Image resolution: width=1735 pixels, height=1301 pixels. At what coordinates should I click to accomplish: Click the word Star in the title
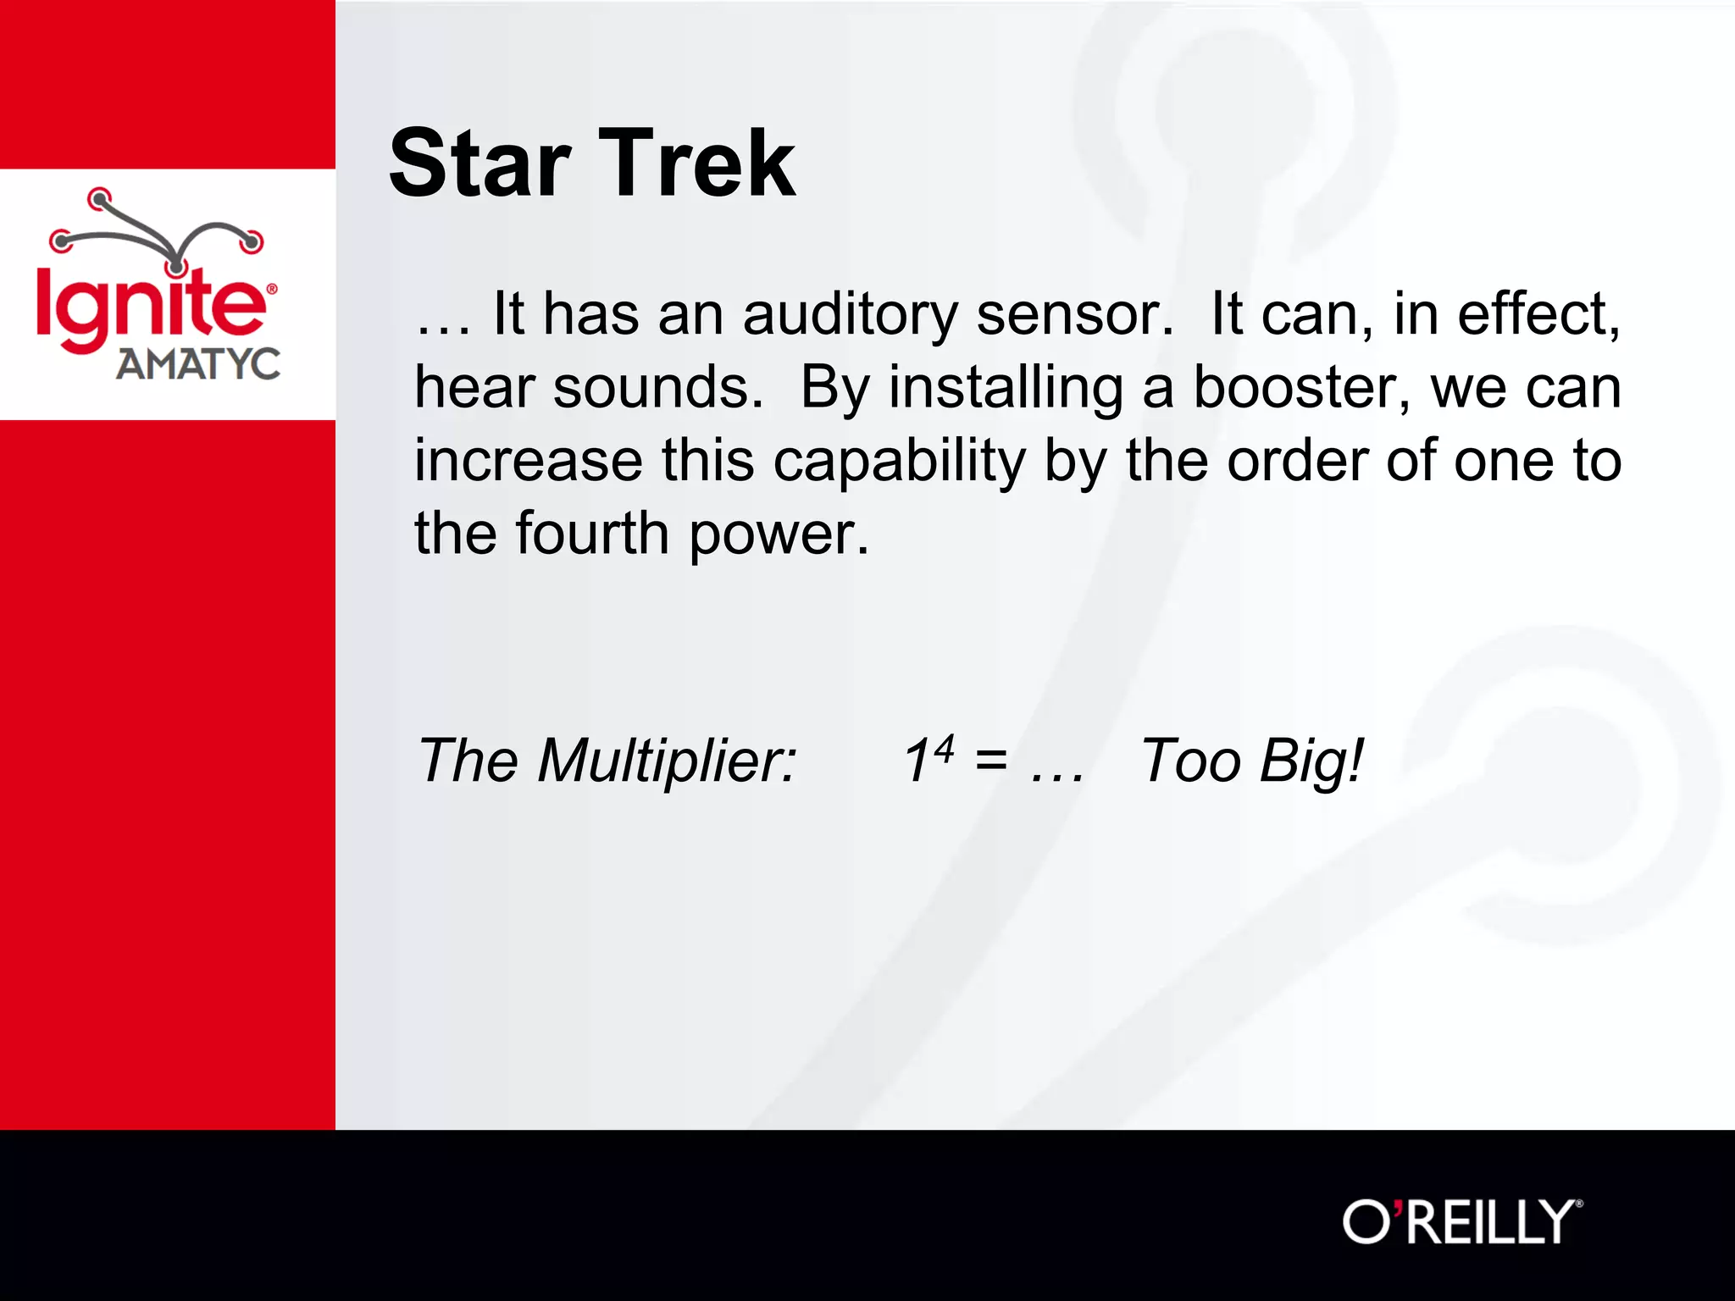[479, 163]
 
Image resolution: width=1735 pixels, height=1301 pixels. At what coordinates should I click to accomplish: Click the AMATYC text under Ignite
[197, 365]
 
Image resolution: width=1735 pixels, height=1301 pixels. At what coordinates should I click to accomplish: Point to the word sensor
[1073, 315]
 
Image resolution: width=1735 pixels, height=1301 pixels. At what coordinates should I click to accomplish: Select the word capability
[899, 462]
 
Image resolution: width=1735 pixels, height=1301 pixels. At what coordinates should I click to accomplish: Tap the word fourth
[592, 534]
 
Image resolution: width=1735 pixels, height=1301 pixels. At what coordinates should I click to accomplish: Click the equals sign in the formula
[990, 761]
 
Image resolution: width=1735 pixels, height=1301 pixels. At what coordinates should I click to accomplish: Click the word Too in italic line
[1190, 761]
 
